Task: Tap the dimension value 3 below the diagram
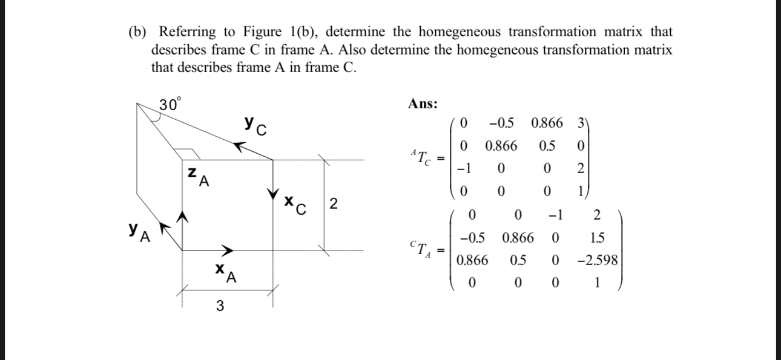point(219,307)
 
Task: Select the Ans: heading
point(423,103)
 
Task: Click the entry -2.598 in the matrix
point(597,261)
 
